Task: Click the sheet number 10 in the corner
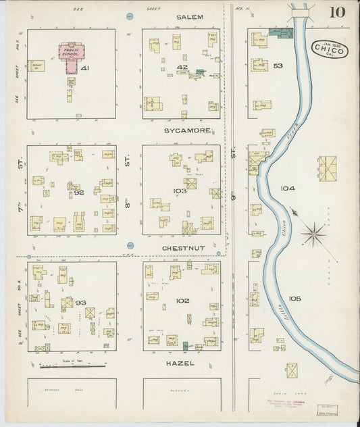pyautogui.click(x=337, y=11)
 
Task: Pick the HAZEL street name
pyautogui.click(x=180, y=363)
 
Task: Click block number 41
pyautogui.click(x=85, y=68)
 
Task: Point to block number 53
pyautogui.click(x=278, y=66)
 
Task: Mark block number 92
pyautogui.click(x=79, y=192)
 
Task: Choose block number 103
pyautogui.click(x=179, y=191)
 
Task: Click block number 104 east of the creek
pyautogui.click(x=288, y=189)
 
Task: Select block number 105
pyautogui.click(x=294, y=298)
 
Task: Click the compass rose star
pyautogui.click(x=313, y=235)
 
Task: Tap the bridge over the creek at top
pyautogui.click(x=301, y=9)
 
